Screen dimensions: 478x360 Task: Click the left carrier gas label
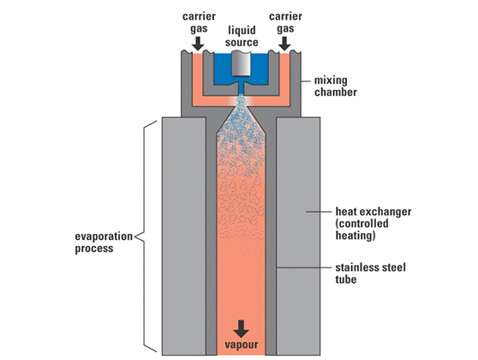coord(199,22)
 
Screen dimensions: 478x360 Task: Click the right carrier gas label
coord(285,22)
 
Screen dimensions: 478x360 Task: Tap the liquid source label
coord(242,36)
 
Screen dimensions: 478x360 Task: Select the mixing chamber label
coord(335,86)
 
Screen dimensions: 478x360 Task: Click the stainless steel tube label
coord(370,273)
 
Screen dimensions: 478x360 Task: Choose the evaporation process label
coord(104,243)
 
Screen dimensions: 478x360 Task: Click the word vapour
coord(242,345)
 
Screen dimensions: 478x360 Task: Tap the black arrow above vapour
coord(241,328)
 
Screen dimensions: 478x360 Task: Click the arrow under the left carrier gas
coord(198,44)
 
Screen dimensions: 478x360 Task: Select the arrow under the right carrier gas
coord(285,44)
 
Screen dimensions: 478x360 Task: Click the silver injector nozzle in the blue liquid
coord(241,63)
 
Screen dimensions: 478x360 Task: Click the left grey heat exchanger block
coord(184,236)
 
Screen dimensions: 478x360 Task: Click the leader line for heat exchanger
coord(319,212)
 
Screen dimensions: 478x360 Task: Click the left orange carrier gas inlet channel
coord(198,80)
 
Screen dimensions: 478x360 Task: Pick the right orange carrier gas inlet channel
coord(284,80)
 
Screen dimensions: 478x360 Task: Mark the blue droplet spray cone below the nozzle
coord(241,128)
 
